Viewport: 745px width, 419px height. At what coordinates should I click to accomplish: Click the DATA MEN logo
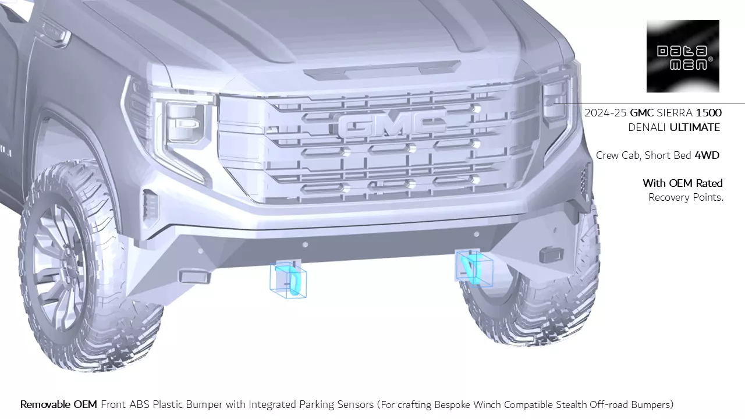pyautogui.click(x=683, y=56)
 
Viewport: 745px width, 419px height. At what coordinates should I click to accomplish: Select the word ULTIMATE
pyautogui.click(x=695, y=127)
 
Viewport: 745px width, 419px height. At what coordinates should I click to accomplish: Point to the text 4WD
pyautogui.click(x=707, y=155)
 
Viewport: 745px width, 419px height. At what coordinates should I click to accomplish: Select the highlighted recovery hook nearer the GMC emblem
pyautogui.click(x=474, y=267)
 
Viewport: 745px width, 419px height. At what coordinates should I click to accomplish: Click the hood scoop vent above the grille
pyautogui.click(x=382, y=70)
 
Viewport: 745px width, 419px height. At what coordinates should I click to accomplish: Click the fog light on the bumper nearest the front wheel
pyautogui.click(x=194, y=276)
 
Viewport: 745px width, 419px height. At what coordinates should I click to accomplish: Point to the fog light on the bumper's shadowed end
pyautogui.click(x=552, y=254)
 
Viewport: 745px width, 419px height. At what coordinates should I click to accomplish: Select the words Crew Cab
pyautogui.click(x=619, y=155)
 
